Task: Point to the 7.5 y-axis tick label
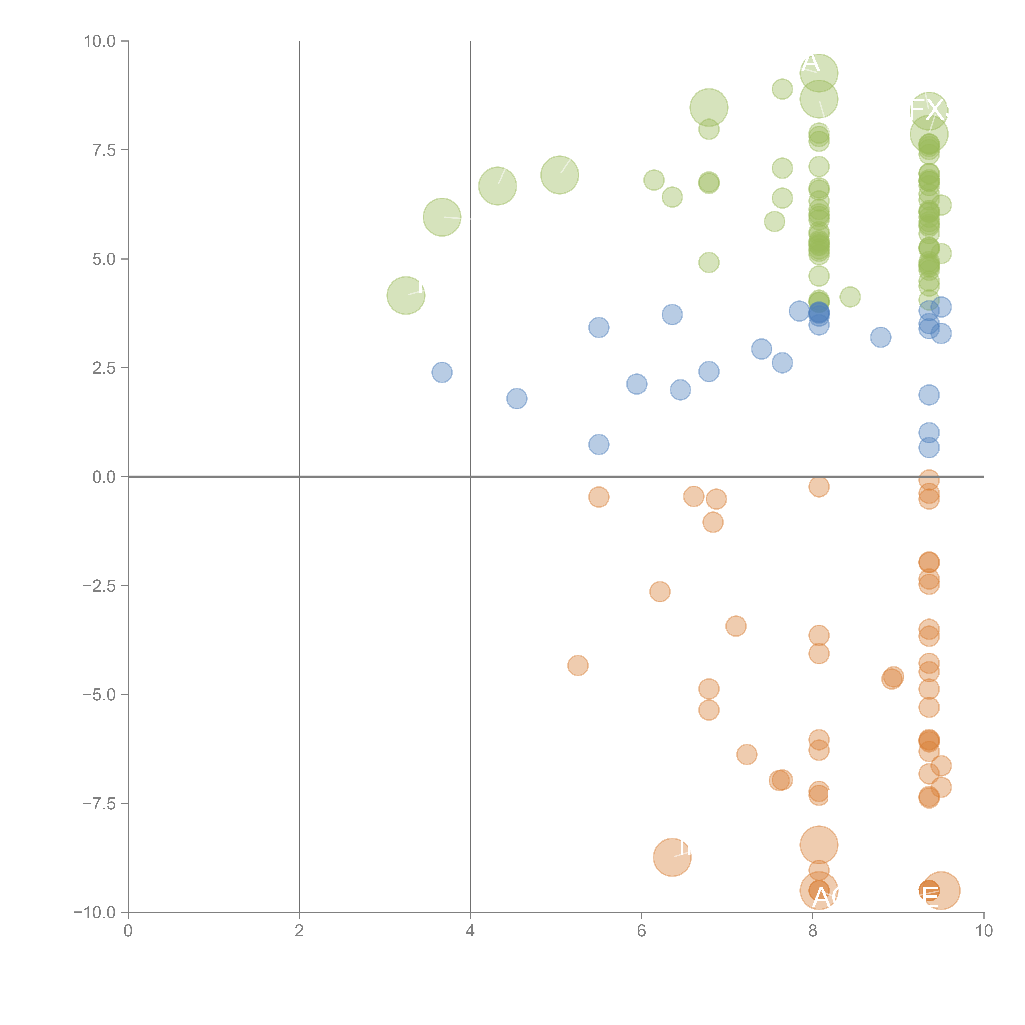103,150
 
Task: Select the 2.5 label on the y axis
103,368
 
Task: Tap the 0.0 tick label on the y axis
103,477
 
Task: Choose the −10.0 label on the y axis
95,912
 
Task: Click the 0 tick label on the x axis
128,931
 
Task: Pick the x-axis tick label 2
299,931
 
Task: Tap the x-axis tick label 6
641,931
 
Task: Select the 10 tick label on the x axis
984,931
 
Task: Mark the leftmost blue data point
442,372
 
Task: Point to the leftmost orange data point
578,665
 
